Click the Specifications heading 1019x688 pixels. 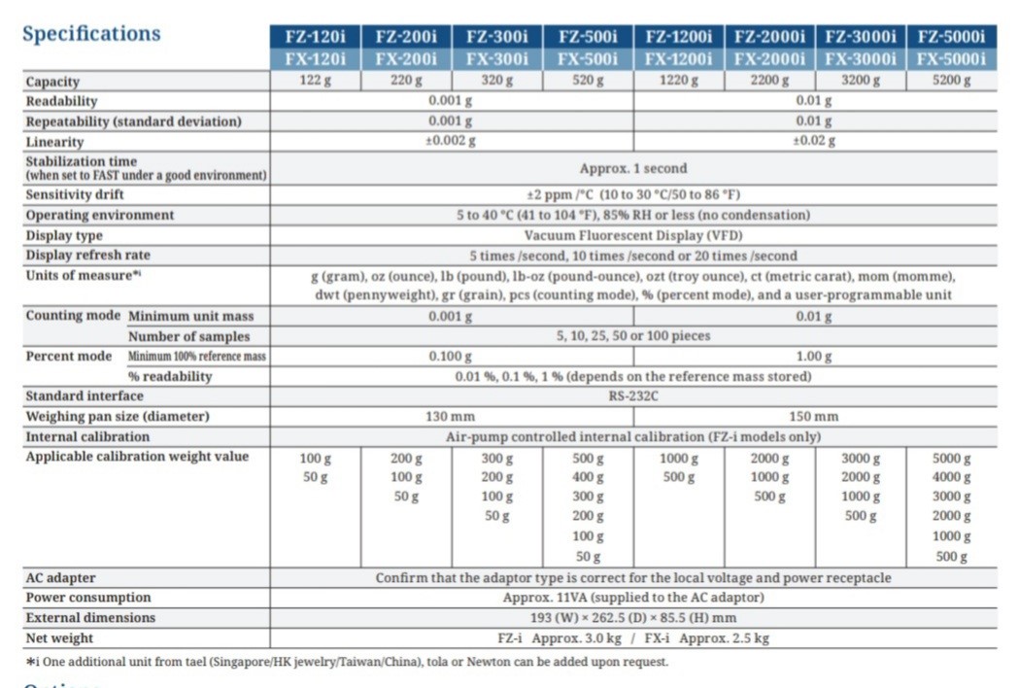[x=91, y=34]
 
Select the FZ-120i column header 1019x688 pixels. [x=316, y=38]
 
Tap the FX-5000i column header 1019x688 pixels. [x=951, y=59]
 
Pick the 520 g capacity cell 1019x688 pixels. [x=588, y=81]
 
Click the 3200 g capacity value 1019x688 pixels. [x=860, y=81]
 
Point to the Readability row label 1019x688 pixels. [x=61, y=101]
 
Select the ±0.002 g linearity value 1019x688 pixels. [x=451, y=141]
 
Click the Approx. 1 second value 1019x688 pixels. [x=633, y=168]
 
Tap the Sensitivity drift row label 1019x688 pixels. [x=74, y=194]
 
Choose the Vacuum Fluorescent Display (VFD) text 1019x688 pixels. [x=633, y=235]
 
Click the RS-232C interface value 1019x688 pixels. [x=633, y=396]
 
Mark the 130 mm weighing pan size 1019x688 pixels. [x=451, y=417]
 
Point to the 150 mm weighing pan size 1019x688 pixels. [x=814, y=417]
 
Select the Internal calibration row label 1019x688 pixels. [x=87, y=437]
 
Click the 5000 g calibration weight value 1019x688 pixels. [x=951, y=459]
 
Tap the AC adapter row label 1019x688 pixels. [x=60, y=578]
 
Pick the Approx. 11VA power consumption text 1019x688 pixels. [x=633, y=598]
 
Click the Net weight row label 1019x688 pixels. [x=59, y=638]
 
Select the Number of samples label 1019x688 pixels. [x=188, y=336]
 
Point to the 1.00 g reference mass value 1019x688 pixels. [x=814, y=357]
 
